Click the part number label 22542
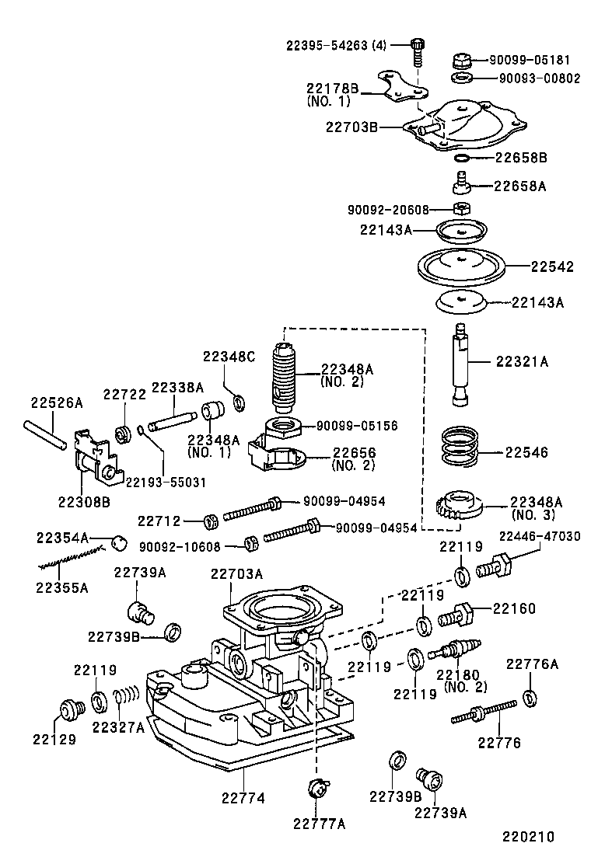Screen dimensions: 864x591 [552, 267]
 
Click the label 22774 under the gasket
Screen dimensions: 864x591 [243, 798]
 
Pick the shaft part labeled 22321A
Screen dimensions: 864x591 [462, 364]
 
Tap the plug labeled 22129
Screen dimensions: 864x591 [72, 709]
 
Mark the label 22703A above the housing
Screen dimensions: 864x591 [236, 574]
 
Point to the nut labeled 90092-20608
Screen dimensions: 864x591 [460, 208]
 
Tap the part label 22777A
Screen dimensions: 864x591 [319, 824]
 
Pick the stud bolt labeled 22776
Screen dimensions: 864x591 [484, 712]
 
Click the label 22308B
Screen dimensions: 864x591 [83, 501]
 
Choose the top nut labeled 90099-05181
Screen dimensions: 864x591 [460, 60]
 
